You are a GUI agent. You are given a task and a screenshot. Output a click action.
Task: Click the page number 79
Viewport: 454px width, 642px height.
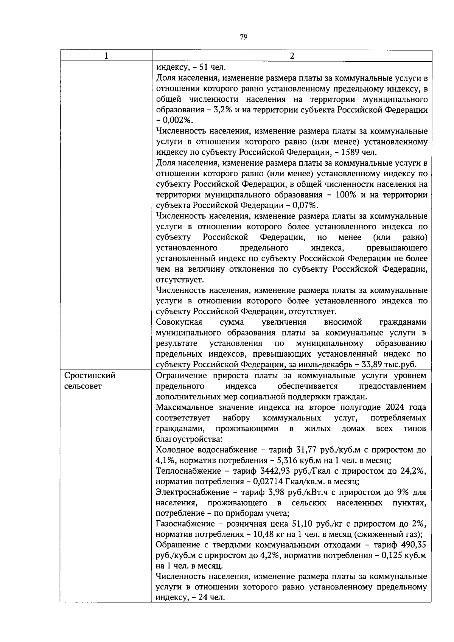(243, 37)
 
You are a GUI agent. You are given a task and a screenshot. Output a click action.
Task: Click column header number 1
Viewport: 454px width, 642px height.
(106, 56)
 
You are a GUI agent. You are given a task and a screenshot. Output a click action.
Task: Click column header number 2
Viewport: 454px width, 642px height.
(291, 56)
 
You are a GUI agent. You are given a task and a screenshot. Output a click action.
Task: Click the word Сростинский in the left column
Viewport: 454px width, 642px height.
(90, 376)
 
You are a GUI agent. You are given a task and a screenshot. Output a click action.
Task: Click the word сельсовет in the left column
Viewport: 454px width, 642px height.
(83, 386)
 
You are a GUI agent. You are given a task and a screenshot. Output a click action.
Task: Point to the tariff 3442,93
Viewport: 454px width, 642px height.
(277, 471)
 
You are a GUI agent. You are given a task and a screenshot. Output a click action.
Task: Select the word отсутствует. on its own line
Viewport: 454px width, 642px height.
(180, 280)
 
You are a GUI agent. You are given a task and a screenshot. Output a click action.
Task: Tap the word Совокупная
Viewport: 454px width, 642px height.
(179, 322)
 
